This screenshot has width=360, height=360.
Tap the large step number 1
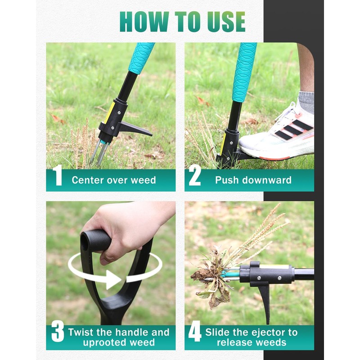point(58,175)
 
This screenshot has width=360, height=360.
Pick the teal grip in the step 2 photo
point(244,72)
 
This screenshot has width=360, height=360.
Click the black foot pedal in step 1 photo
point(135,129)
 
